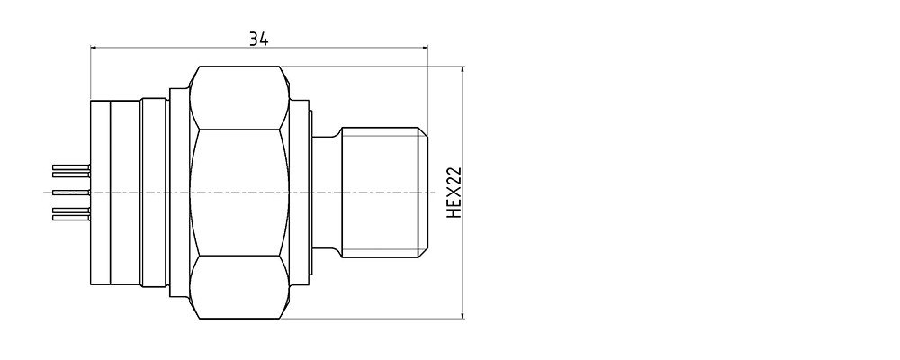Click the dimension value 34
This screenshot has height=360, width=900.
[x=258, y=39]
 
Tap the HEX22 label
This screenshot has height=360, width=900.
[x=454, y=193]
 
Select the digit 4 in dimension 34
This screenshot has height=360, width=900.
[x=264, y=39]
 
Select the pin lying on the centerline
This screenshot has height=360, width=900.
[x=71, y=193]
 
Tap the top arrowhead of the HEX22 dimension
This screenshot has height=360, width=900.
[x=463, y=72]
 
